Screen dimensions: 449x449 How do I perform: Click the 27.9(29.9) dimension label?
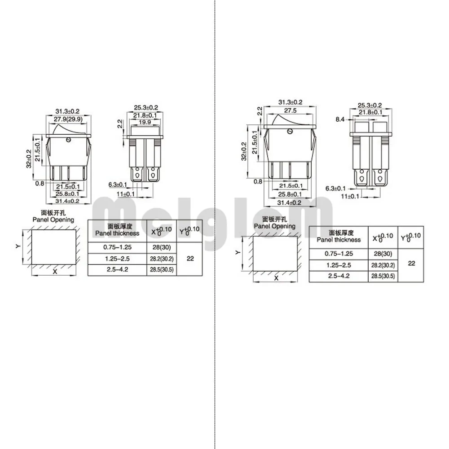point(68,119)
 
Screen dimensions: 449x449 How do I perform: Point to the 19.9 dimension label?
point(145,122)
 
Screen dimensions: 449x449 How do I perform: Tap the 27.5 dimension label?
point(291,110)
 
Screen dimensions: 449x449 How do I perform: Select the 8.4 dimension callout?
point(340,119)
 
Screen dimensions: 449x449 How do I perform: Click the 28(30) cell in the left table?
point(162,247)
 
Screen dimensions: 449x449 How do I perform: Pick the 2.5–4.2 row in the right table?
point(339,276)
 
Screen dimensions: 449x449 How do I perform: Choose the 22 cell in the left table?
point(190,259)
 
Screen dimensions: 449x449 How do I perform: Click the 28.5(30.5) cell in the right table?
point(383,276)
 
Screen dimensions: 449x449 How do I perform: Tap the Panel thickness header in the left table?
point(117,233)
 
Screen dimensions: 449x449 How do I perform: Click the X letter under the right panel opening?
point(276,278)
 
